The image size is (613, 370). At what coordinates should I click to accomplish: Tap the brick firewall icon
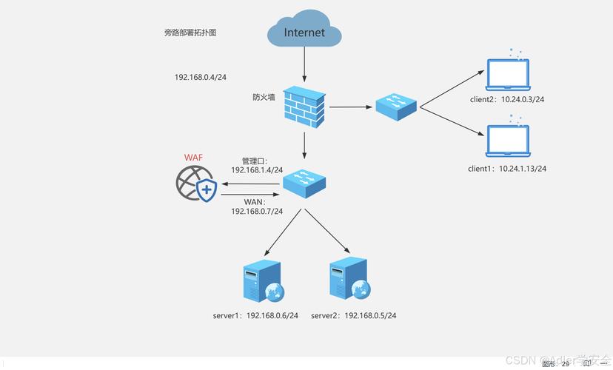[x=304, y=107]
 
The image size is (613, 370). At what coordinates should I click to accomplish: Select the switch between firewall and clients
[x=396, y=107]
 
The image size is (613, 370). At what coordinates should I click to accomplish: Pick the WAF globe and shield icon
[x=196, y=184]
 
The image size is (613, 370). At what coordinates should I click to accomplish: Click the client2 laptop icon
[x=507, y=74]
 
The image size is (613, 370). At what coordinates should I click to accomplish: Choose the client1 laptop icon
[x=507, y=142]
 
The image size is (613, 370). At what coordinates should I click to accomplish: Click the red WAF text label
[x=193, y=157]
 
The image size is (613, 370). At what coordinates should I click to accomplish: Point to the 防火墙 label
[x=264, y=97]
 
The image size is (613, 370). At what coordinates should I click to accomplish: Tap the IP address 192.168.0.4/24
[x=200, y=77]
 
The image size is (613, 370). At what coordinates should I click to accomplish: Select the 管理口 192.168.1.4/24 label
[x=257, y=165]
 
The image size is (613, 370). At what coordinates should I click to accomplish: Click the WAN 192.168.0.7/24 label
[x=257, y=206]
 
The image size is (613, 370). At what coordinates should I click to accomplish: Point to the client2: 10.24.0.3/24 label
[x=507, y=99]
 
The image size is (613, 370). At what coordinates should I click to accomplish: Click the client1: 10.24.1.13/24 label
[x=507, y=169]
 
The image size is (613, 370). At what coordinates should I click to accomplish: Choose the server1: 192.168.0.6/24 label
[x=255, y=316]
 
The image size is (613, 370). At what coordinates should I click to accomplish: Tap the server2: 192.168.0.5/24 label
[x=353, y=316]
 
